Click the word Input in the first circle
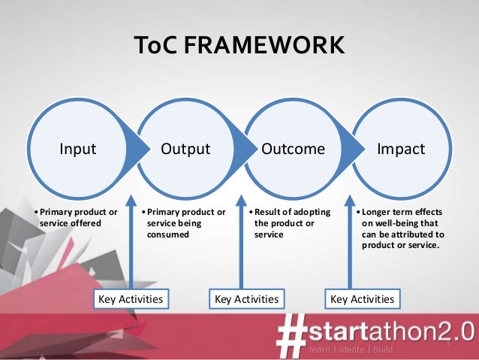[x=78, y=149]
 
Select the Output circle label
[x=185, y=149]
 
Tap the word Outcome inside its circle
[x=293, y=149]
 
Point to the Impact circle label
[x=401, y=149]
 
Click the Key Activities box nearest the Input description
[x=131, y=299]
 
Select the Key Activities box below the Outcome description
[x=246, y=299]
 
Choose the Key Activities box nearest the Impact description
[x=362, y=299]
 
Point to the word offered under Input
[x=85, y=223]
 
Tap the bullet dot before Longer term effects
[x=358, y=212]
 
